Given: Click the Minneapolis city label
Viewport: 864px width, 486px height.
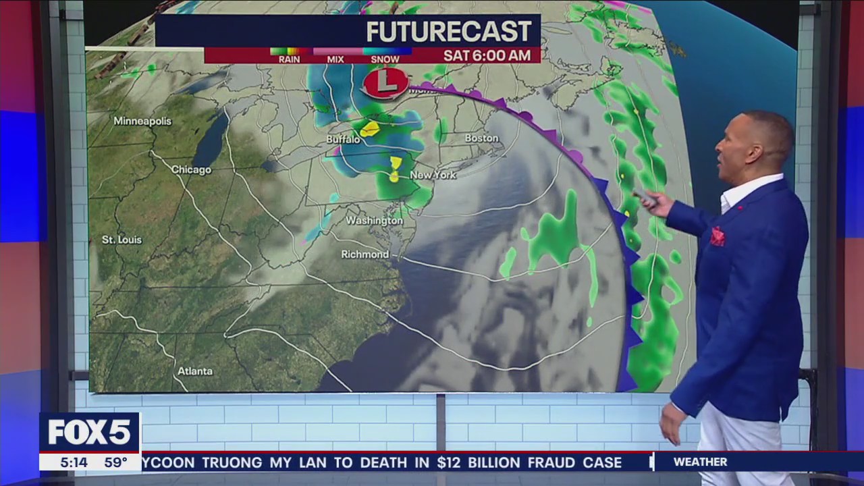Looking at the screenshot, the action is [142, 122].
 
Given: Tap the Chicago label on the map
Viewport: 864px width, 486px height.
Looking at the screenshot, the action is [191, 169].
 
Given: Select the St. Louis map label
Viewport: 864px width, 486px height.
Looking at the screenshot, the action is [122, 240].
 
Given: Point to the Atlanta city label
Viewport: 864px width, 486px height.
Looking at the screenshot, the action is [195, 371].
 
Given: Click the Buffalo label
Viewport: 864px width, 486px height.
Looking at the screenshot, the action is [344, 140].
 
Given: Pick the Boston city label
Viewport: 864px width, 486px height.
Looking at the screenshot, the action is [482, 138].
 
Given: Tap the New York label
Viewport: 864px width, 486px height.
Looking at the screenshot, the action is [433, 175].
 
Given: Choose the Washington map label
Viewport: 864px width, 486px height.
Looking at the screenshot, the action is [375, 221].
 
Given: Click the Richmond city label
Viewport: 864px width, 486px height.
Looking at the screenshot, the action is [365, 254].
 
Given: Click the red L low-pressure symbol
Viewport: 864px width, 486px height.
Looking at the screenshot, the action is [385, 83].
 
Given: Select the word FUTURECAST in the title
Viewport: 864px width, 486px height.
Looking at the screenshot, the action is [448, 32].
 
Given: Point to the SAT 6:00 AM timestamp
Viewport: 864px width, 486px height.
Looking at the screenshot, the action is [487, 55].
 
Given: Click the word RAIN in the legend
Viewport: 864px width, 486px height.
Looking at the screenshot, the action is [289, 59].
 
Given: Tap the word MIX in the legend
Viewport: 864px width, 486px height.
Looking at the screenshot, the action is [335, 59].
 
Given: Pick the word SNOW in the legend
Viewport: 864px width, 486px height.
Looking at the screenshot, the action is [385, 59].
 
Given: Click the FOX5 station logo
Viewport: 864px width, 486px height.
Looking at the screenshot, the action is [89, 433].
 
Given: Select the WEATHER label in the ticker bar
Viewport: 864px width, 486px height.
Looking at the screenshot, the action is [700, 462].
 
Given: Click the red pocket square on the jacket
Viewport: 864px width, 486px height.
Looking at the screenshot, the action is [717, 236].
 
